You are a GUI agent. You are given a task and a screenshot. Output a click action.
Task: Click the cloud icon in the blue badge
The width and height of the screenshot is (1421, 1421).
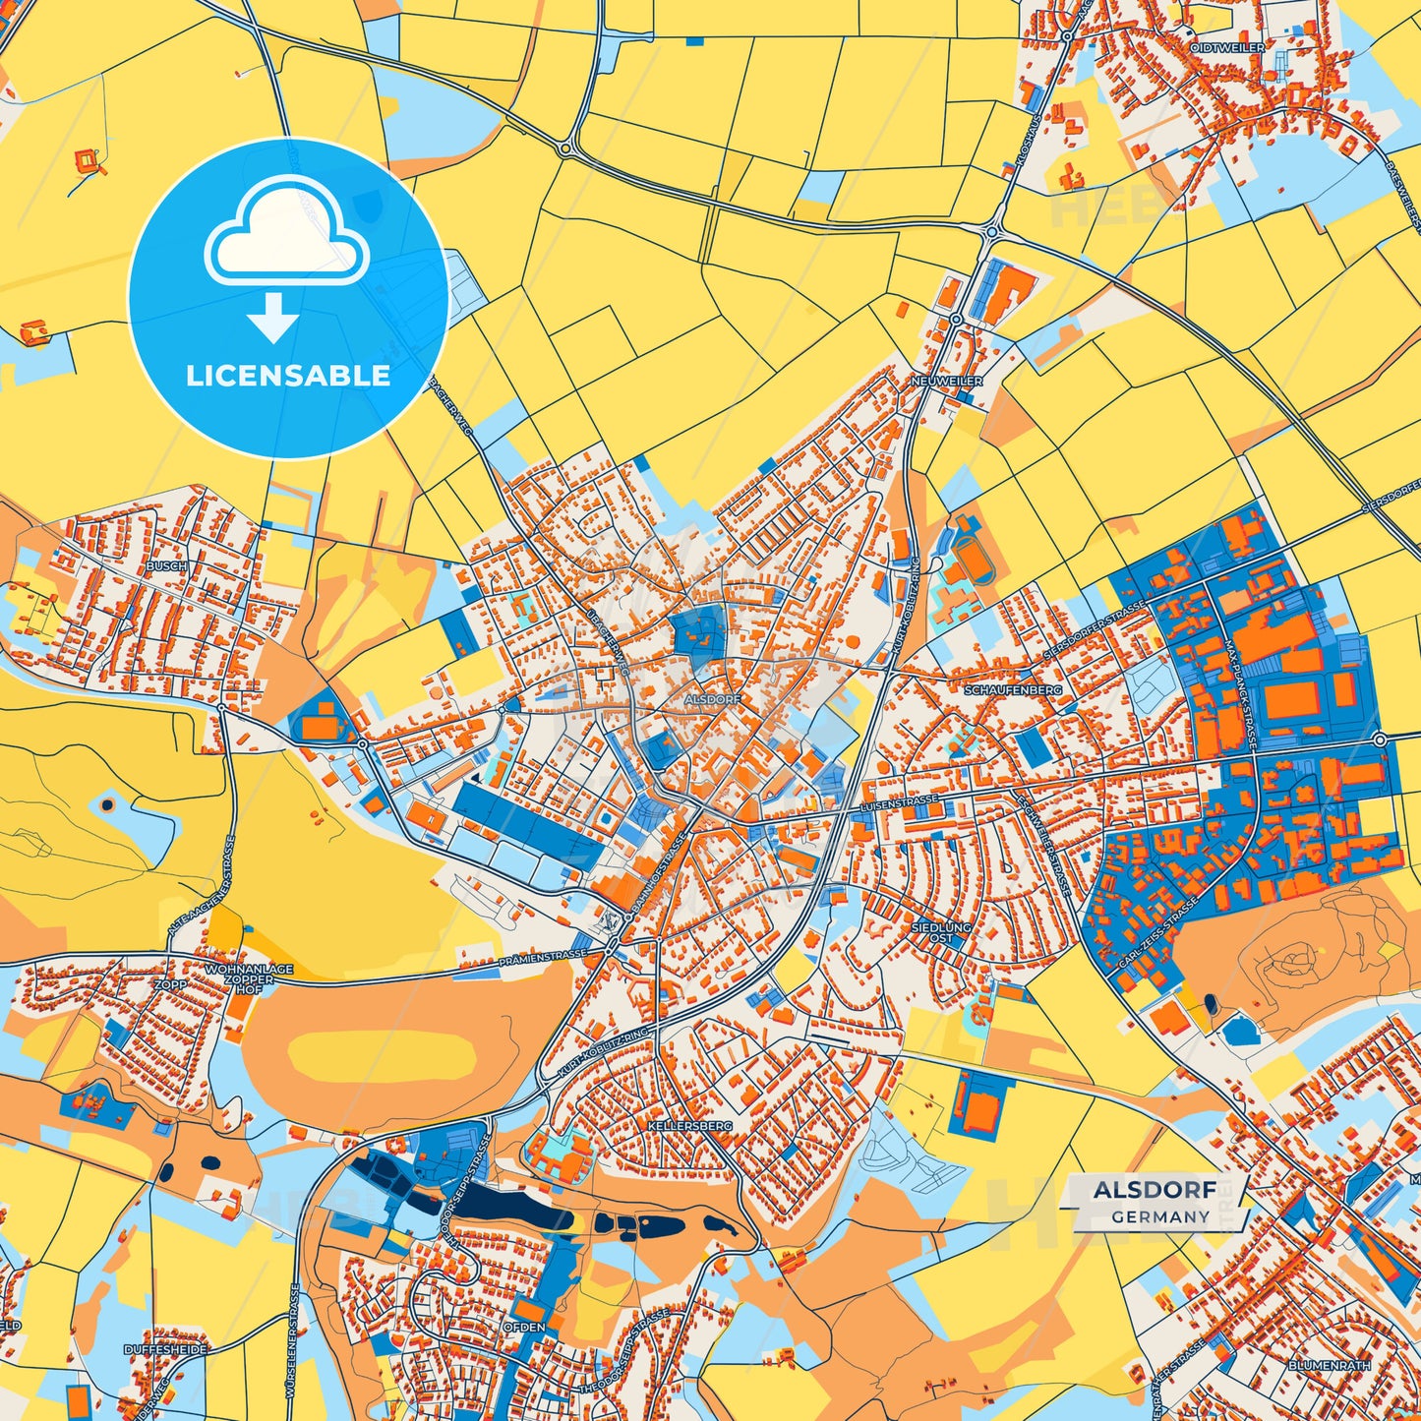(286, 236)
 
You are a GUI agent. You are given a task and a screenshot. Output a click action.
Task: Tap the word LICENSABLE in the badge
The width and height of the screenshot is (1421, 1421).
(288, 376)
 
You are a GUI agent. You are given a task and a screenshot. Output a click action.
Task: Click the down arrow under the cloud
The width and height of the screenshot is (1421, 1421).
(272, 316)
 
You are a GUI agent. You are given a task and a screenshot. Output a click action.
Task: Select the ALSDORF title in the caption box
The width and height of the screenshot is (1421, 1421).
(1155, 1189)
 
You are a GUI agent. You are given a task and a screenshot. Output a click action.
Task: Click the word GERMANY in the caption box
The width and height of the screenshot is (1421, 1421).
(1161, 1216)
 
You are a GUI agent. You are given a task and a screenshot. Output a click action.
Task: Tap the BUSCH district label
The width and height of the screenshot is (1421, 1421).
(165, 567)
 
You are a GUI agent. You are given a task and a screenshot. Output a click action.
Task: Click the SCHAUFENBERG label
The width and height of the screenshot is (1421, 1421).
(1013, 690)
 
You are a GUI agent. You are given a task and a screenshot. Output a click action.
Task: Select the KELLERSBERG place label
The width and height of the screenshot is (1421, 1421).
(690, 1125)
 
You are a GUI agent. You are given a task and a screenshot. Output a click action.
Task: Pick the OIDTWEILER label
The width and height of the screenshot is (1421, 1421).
(1227, 47)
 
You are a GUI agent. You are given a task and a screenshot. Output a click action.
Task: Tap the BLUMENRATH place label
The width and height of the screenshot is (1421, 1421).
(1329, 1366)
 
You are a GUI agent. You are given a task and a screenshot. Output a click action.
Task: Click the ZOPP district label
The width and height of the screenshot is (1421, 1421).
(169, 984)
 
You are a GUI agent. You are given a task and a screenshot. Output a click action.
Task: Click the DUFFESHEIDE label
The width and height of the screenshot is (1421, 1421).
(165, 1350)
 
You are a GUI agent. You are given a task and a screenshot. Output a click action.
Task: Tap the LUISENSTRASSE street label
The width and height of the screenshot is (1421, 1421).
(899, 802)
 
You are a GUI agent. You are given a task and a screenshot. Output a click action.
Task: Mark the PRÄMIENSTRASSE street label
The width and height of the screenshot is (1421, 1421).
(542, 955)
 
